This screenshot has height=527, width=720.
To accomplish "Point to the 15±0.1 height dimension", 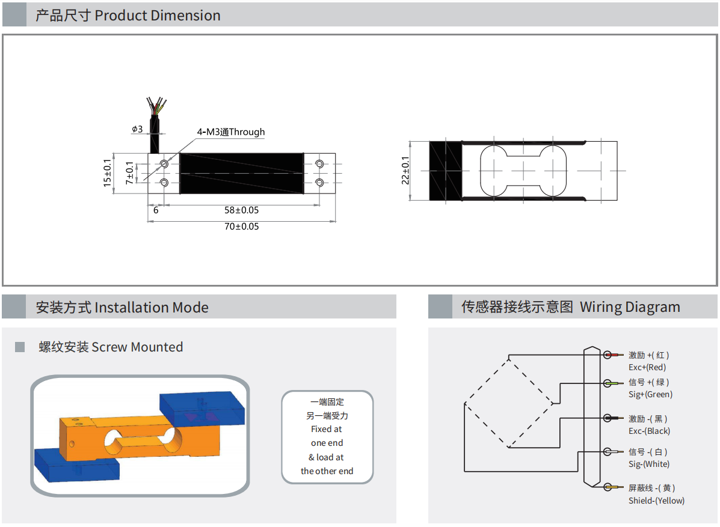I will point(108,172).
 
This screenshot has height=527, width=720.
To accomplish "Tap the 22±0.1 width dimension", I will point(405,171).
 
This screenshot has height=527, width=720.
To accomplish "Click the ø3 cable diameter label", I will point(137,129).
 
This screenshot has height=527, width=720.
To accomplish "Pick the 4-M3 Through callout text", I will point(231,132).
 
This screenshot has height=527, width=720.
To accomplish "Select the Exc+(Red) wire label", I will point(647,367).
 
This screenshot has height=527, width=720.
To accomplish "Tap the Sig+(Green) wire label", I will point(650,394).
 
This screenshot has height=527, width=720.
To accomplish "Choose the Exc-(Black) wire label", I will point(649,431).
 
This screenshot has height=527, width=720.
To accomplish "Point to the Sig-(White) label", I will point(649,464).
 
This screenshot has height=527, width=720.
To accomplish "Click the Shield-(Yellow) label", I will point(656,501).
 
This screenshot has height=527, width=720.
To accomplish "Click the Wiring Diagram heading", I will point(630,307).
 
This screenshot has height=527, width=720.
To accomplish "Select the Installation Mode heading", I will point(152,308).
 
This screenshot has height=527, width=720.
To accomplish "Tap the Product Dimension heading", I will point(158,16).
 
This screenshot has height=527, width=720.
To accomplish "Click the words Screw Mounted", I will point(137,347).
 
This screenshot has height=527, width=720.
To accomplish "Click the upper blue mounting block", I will point(205,407).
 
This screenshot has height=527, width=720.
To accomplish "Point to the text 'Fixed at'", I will point(327,429).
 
